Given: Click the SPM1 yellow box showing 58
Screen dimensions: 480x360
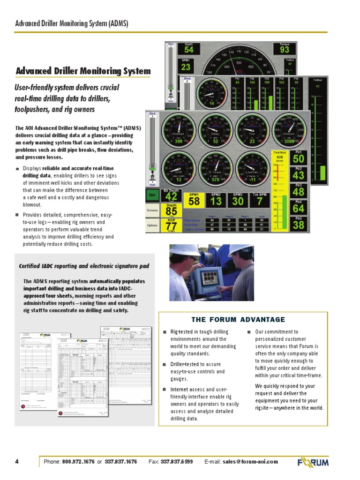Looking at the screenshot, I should point(194,201).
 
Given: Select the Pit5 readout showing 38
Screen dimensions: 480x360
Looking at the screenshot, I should point(299,225).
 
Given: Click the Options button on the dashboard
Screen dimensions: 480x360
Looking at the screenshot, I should point(152,225).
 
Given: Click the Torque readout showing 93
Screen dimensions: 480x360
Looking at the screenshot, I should point(284,49).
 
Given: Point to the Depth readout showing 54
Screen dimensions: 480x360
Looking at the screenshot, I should point(188,49).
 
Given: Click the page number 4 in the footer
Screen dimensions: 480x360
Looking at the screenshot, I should point(17,462).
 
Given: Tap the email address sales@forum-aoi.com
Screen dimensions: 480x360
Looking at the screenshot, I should point(250,462).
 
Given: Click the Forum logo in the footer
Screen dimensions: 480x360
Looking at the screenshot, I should point(313,462).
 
